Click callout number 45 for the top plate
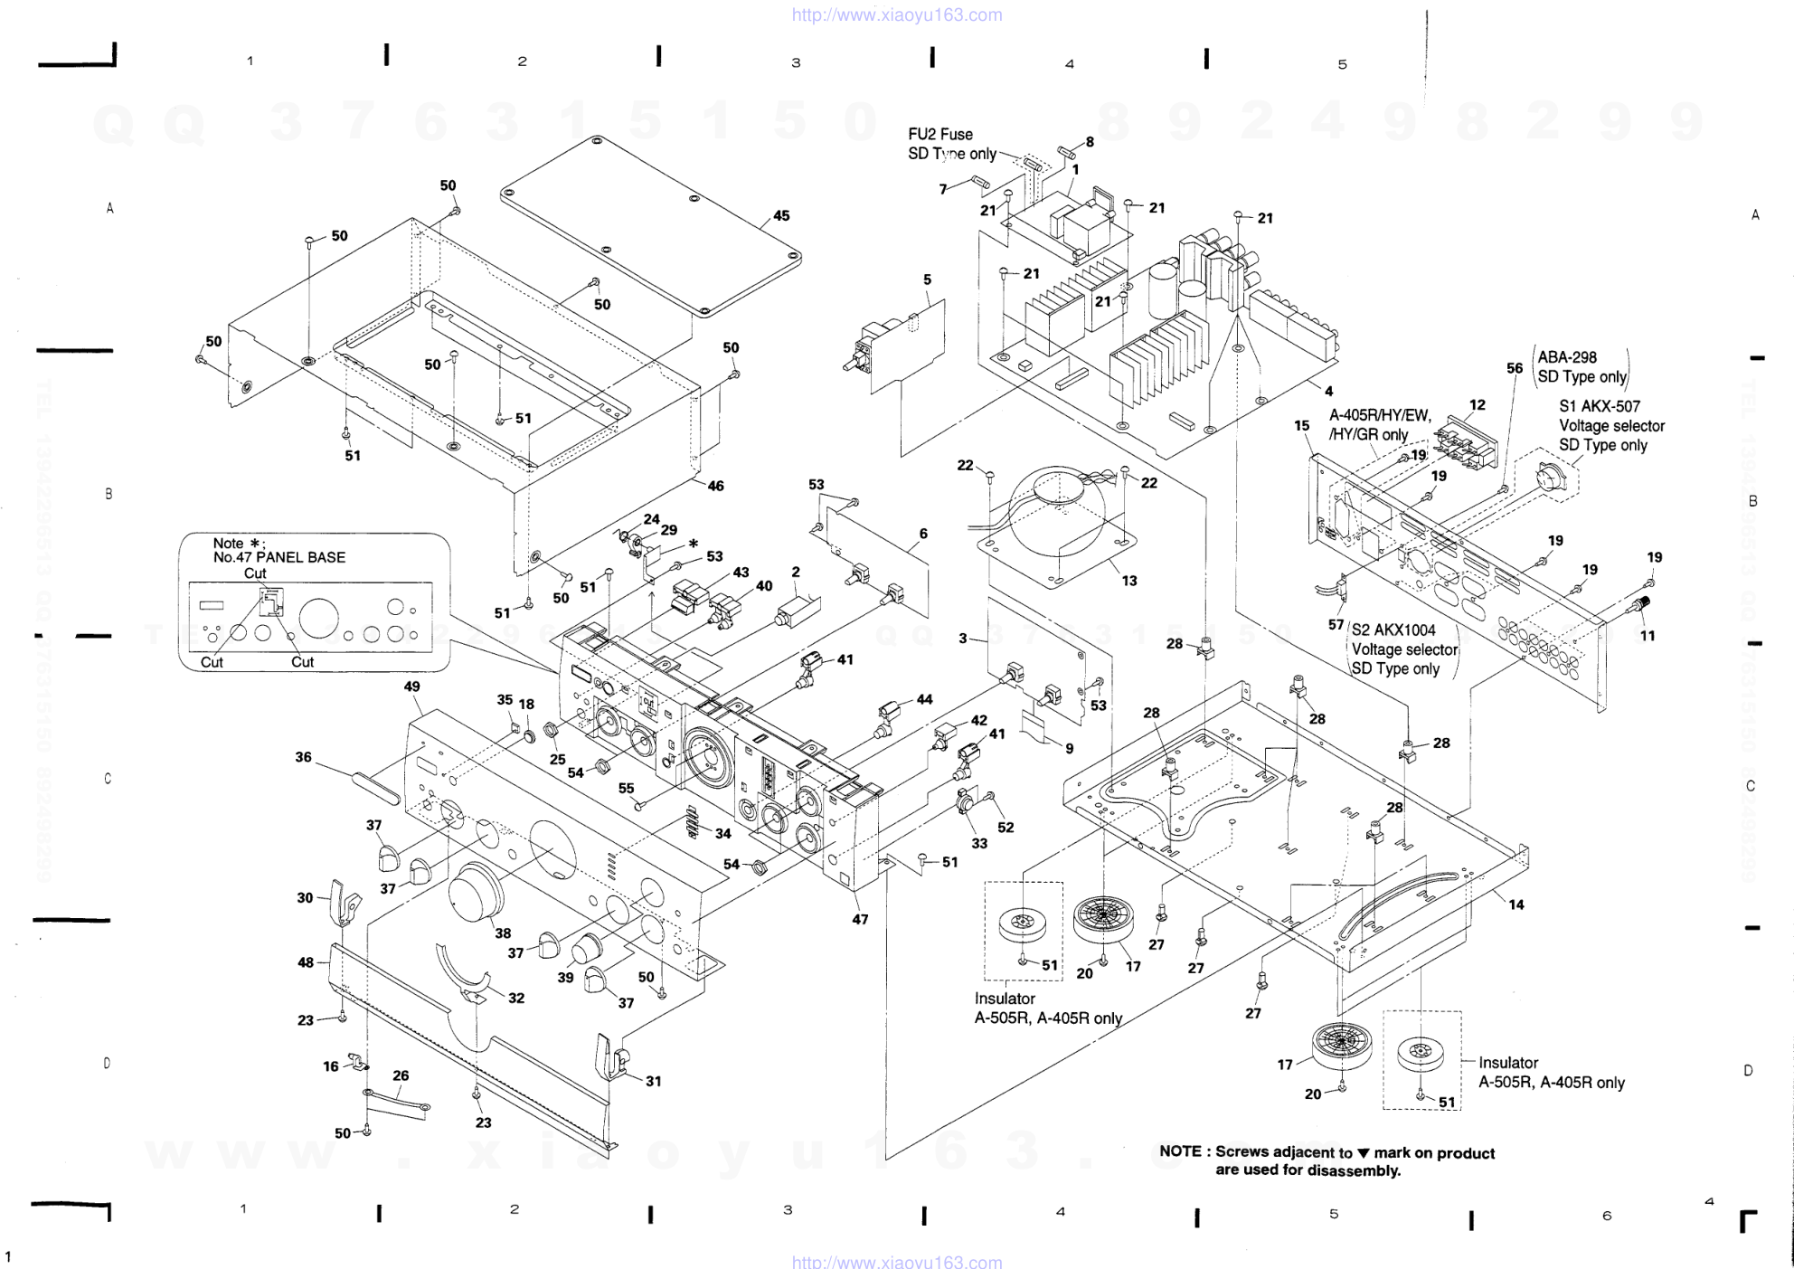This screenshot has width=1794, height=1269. click(x=781, y=216)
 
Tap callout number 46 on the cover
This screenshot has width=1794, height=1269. click(x=715, y=486)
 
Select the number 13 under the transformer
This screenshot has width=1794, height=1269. click(x=1129, y=581)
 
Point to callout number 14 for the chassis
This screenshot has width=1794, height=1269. click(x=1515, y=904)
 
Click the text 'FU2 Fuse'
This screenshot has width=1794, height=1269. click(x=940, y=135)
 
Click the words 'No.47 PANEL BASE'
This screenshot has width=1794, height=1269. click(x=279, y=557)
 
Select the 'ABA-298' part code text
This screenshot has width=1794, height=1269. click(x=1567, y=357)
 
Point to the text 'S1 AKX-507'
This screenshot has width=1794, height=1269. click(x=1599, y=406)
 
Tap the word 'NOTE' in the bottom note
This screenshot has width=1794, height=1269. click(x=1180, y=1151)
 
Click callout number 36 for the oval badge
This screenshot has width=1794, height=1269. click(x=304, y=757)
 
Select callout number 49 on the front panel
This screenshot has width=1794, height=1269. click(x=412, y=687)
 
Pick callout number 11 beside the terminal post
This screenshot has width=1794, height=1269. click(x=1648, y=636)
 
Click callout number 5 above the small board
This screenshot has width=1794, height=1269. click(x=927, y=279)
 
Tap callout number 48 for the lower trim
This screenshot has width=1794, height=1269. click(x=306, y=962)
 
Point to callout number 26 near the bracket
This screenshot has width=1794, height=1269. click(x=401, y=1075)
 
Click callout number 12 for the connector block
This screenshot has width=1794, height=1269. click(x=1478, y=404)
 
